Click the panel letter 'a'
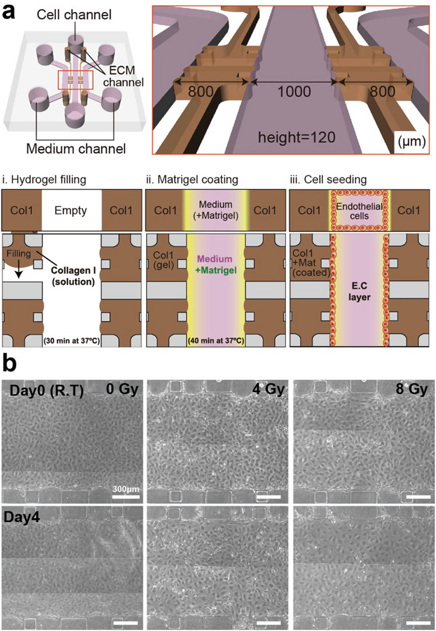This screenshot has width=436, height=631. [9, 12]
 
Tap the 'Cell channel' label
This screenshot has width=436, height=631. [74, 15]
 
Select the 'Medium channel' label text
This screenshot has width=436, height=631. [76, 148]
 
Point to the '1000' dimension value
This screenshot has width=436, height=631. [294, 92]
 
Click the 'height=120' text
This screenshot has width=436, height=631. [296, 137]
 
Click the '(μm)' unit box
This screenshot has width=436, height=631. [411, 141]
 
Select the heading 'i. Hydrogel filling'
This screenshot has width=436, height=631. [44, 179]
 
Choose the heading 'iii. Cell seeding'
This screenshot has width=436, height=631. [328, 179]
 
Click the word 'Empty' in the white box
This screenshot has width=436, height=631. [71, 210]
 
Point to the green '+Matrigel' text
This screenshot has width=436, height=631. [216, 270]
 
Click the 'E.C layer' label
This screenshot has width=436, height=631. [359, 291]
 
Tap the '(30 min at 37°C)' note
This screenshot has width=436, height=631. [72, 340]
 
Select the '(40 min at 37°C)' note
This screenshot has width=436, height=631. [216, 340]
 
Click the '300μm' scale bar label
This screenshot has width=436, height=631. [126, 489]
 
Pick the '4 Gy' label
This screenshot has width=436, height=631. [268, 389]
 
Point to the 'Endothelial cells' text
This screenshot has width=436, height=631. [359, 211]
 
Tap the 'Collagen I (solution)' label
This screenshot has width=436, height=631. [73, 276]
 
